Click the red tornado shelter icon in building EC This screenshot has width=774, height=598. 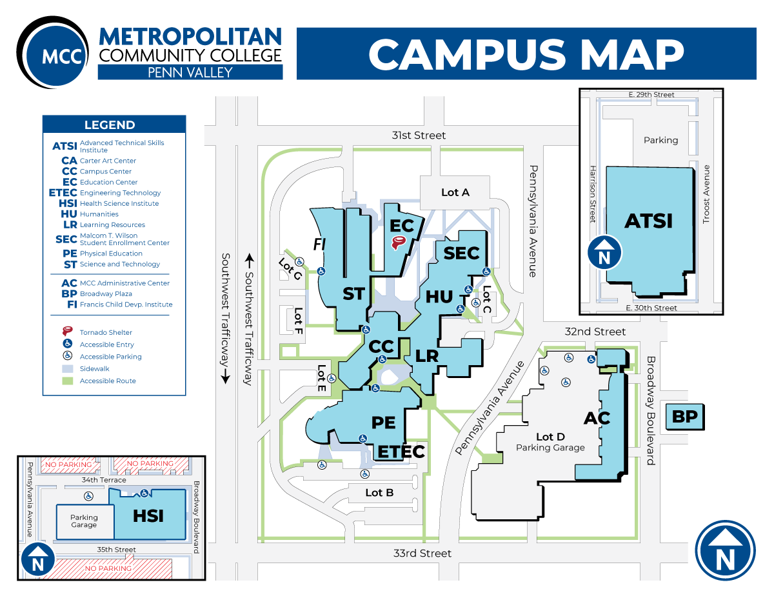(x=400, y=243)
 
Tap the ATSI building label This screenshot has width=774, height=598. (x=648, y=221)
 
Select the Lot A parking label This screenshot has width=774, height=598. (x=455, y=192)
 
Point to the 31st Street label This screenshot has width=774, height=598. (x=419, y=135)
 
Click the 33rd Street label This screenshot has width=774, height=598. (x=422, y=553)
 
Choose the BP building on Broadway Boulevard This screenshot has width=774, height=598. (x=684, y=417)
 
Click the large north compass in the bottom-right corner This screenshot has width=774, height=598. (x=725, y=550)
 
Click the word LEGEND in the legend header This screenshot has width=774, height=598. (x=110, y=125)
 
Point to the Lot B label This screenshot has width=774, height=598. (x=379, y=493)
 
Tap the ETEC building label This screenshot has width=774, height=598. (x=401, y=452)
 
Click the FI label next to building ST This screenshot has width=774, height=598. (x=318, y=244)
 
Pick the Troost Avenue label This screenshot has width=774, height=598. (x=706, y=194)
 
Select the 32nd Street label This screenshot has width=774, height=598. (x=595, y=332)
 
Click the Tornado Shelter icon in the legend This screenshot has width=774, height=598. (x=67, y=332)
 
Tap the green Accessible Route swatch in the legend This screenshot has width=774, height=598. (x=67, y=381)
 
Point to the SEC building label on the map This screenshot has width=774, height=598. (x=461, y=254)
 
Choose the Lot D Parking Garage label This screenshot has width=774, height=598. (x=550, y=442)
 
